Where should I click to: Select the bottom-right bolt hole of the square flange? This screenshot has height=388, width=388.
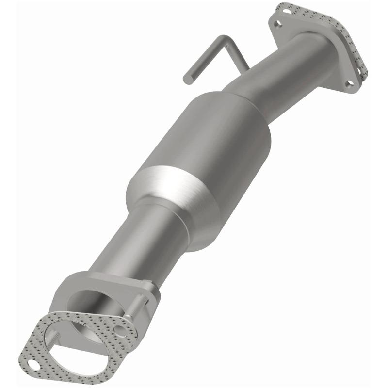tap(349, 83)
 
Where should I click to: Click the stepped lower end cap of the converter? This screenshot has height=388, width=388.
tap(194, 228)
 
